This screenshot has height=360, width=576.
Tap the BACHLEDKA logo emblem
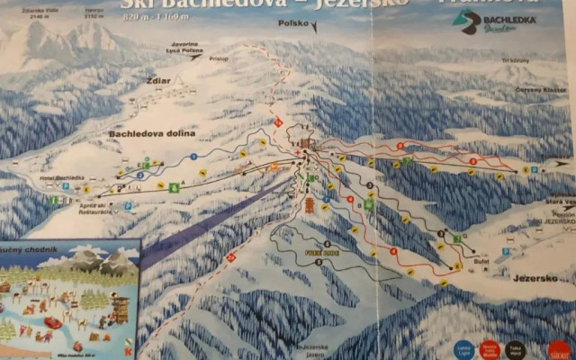point(466,23)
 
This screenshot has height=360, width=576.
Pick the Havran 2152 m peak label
point(94,13)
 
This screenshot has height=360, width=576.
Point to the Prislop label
point(219,58)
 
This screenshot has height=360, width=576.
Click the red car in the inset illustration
point(52,321)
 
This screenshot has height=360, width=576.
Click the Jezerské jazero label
point(310,349)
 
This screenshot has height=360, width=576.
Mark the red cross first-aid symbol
point(298,153)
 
